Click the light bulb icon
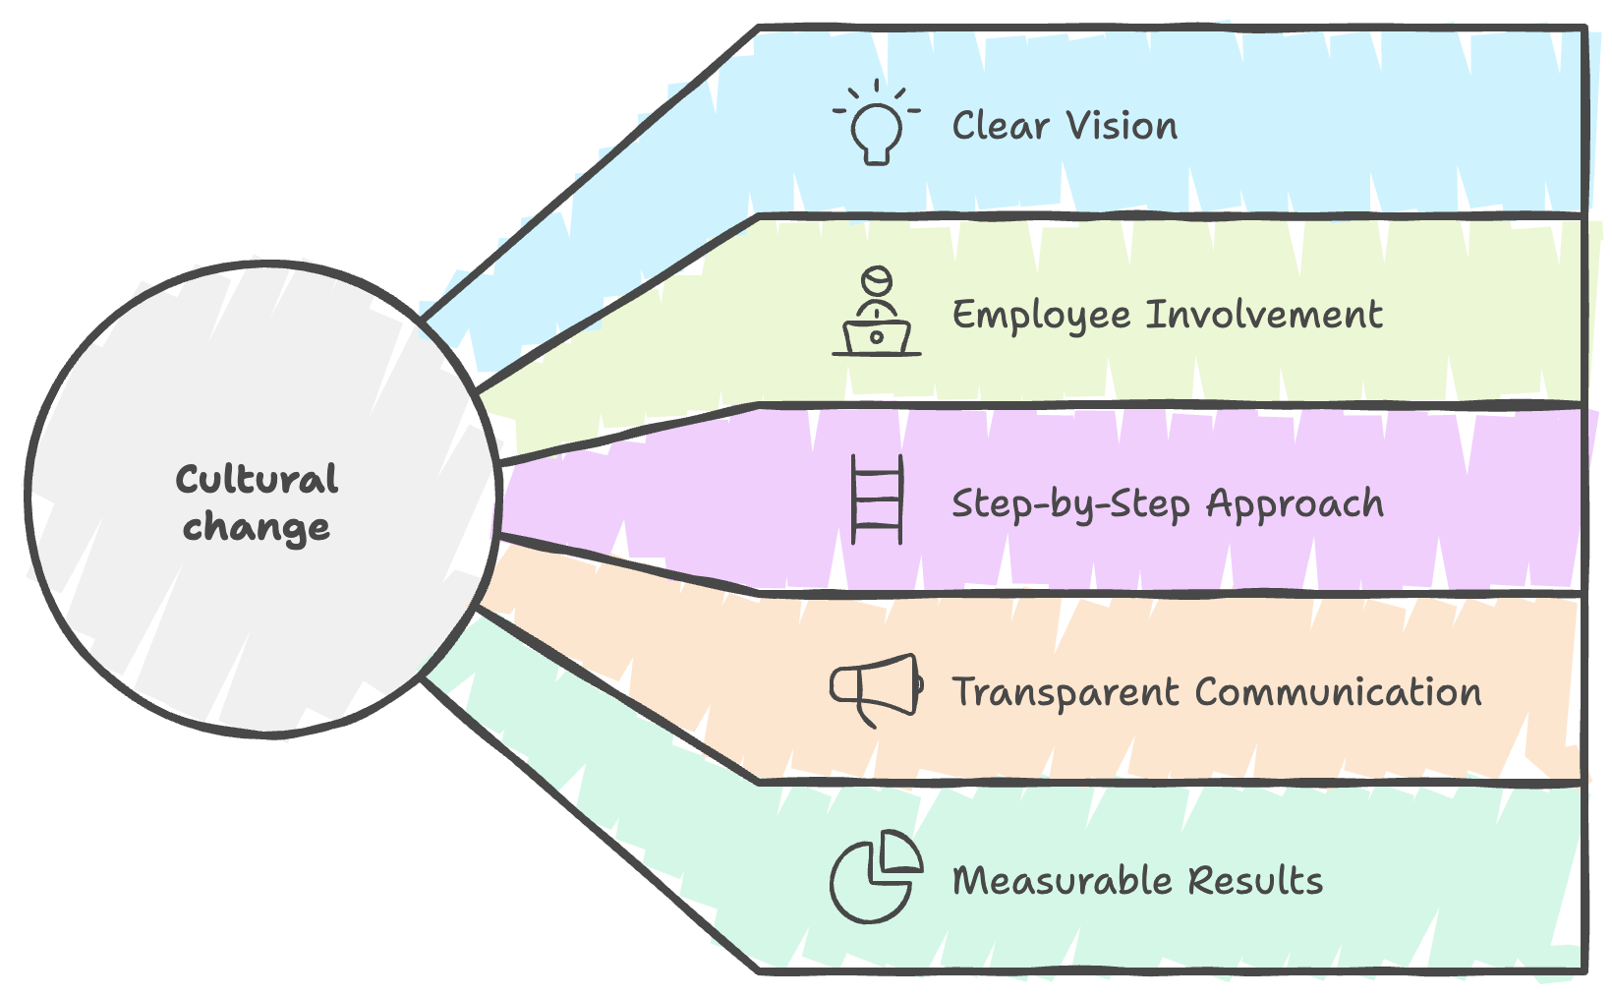click(876, 125)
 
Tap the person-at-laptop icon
click(876, 312)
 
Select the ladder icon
click(876, 499)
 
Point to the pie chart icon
click(875, 877)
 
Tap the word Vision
click(1122, 126)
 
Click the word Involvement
click(1264, 315)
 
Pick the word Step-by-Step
click(1071, 504)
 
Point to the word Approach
click(1295, 504)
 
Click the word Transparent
click(1065, 693)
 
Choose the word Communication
click(1338, 692)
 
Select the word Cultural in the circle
click(257, 480)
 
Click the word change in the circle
click(257, 528)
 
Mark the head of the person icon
click(876, 280)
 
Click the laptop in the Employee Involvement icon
click(877, 338)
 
